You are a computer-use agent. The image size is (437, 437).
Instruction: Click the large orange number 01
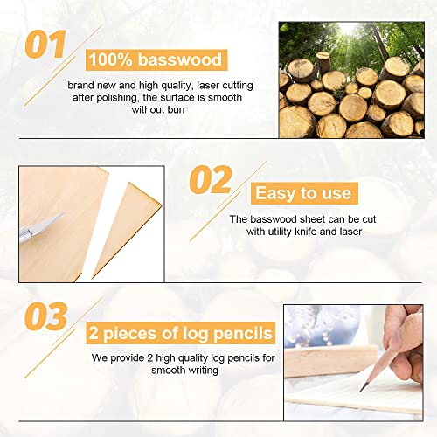pyautogui.click(x=45, y=45)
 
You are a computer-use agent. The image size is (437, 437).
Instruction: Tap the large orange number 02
pyautogui.click(x=211, y=179)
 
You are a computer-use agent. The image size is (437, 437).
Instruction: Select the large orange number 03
pyautogui.click(x=46, y=316)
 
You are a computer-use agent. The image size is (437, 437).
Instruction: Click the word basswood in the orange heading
pyautogui.click(x=180, y=59)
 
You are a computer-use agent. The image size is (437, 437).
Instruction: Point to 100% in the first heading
pyautogui.click(x=110, y=59)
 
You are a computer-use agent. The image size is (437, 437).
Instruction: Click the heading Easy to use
pyautogui.click(x=303, y=193)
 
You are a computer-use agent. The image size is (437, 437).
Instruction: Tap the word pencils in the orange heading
pyautogui.click(x=243, y=333)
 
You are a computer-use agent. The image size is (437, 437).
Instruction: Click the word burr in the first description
pyautogui.click(x=177, y=109)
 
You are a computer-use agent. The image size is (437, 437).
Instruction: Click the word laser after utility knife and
pyautogui.click(x=350, y=232)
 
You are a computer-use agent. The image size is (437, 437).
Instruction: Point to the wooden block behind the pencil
pyautogui.click(x=330, y=361)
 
